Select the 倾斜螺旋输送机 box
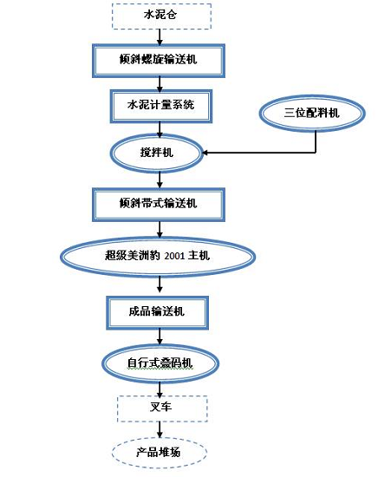coord(158,60)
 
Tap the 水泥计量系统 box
coord(157,106)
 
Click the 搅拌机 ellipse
coord(157,153)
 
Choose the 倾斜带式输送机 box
coord(158,203)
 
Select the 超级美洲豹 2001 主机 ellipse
coord(158,255)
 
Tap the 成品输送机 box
coord(157,310)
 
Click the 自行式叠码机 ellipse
coord(158,361)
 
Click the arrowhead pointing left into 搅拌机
coord(207,154)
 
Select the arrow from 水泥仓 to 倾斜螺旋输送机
coord(158,36)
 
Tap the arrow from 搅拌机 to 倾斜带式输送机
coord(158,179)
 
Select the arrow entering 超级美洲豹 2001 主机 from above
coord(158,229)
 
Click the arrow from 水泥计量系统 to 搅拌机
coord(158,129)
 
